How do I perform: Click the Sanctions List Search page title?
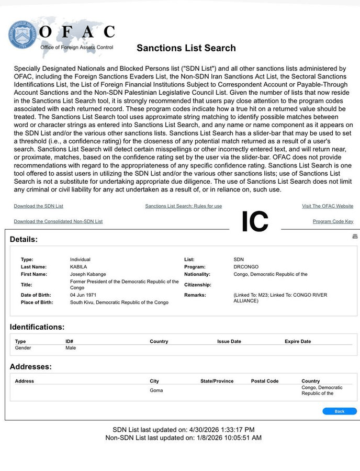tap(186, 48)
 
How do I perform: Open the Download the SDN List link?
tap(38, 206)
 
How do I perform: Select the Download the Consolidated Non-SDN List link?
tap(58, 221)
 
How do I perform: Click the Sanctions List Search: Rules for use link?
tap(183, 206)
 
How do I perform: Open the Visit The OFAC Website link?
tap(328, 206)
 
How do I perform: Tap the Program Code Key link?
tap(333, 221)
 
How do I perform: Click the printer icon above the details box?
tap(355, 237)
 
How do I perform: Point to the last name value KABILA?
tap(79, 267)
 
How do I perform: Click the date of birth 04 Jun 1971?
tap(84, 295)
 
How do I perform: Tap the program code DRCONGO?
tap(246, 267)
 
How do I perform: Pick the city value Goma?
tap(156, 390)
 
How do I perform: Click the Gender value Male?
tap(71, 347)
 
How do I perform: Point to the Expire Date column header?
tap(298, 341)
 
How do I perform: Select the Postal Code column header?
tap(265, 381)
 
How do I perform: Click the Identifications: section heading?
tap(37, 327)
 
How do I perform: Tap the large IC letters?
tap(255, 221)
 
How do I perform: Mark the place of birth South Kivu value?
tap(119, 302)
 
